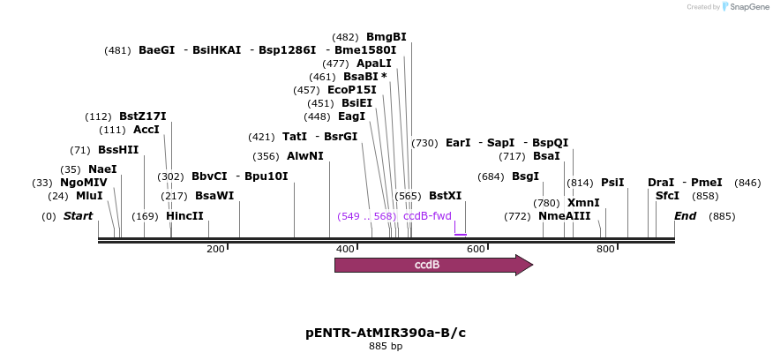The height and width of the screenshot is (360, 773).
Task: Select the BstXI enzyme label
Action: [445, 196]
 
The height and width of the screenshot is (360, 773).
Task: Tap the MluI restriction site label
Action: [89, 196]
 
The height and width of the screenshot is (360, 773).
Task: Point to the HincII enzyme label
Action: [184, 216]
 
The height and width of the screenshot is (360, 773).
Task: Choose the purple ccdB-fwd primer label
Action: [427, 216]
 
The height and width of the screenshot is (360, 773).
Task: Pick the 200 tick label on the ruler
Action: [215, 250]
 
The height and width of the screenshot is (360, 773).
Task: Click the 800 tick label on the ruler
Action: [605, 250]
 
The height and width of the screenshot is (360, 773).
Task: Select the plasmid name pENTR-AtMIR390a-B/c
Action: [386, 333]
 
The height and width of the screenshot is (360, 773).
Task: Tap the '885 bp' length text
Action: [386, 347]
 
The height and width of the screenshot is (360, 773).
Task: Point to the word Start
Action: [78, 216]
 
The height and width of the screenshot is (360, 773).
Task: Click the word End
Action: [686, 216]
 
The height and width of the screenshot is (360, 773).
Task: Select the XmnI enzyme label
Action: [583, 203]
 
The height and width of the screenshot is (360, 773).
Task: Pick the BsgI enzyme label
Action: [525, 176]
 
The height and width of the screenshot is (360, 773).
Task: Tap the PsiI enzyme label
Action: [612, 183]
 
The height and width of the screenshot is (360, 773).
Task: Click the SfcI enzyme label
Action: [668, 196]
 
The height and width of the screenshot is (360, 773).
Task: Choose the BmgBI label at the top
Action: [386, 37]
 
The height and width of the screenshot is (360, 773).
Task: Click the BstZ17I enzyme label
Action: [143, 116]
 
